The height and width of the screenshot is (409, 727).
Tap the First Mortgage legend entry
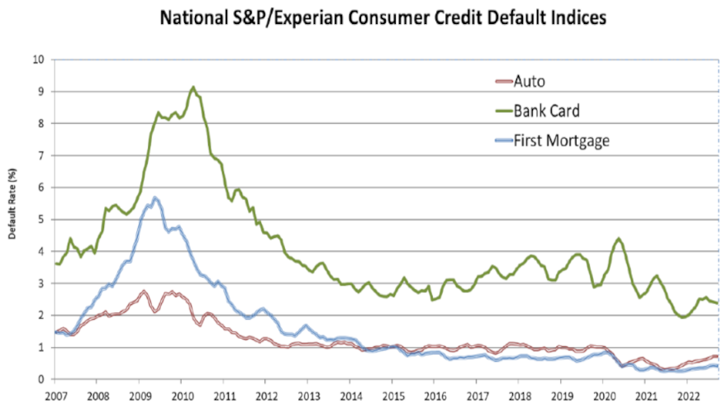[561, 140]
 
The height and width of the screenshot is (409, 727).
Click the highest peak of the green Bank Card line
[192, 87]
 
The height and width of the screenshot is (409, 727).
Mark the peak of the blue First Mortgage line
[154, 197]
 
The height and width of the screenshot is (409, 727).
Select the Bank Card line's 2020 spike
[618, 239]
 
